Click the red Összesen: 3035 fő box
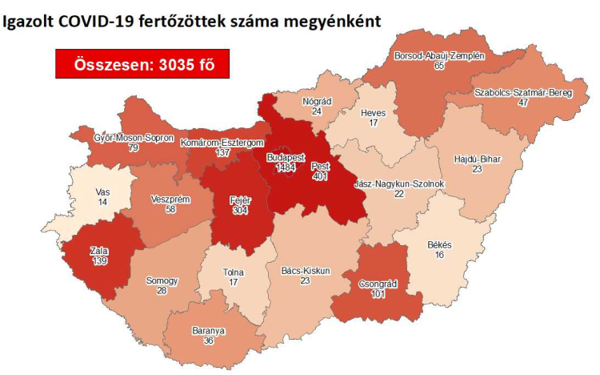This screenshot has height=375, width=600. tap(140, 62)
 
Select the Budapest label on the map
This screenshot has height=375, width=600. tap(286, 158)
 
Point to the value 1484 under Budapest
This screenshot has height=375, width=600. tap(286, 169)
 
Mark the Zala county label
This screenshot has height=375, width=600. tap(99, 252)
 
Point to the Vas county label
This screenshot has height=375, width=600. tap(102, 193)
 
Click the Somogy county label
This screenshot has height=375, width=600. tap(162, 281)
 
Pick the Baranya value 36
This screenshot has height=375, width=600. tap(209, 341)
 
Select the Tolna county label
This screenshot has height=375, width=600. tap(234, 272)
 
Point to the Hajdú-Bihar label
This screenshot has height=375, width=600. tap(476, 159)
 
